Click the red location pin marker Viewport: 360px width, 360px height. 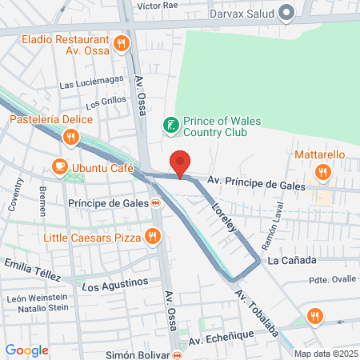pos(181,162)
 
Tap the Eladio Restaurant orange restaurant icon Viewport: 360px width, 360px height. pos(122,43)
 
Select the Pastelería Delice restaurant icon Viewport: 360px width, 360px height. pos(71,137)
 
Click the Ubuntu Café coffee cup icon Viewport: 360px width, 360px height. pos(59,166)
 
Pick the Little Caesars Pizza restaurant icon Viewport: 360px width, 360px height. pos(152,236)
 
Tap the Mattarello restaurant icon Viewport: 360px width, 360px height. pos(322,170)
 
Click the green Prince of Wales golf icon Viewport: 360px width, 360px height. pos(170,124)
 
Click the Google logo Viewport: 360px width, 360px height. pos(26,350)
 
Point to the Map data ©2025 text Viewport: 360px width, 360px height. pos(325,354)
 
